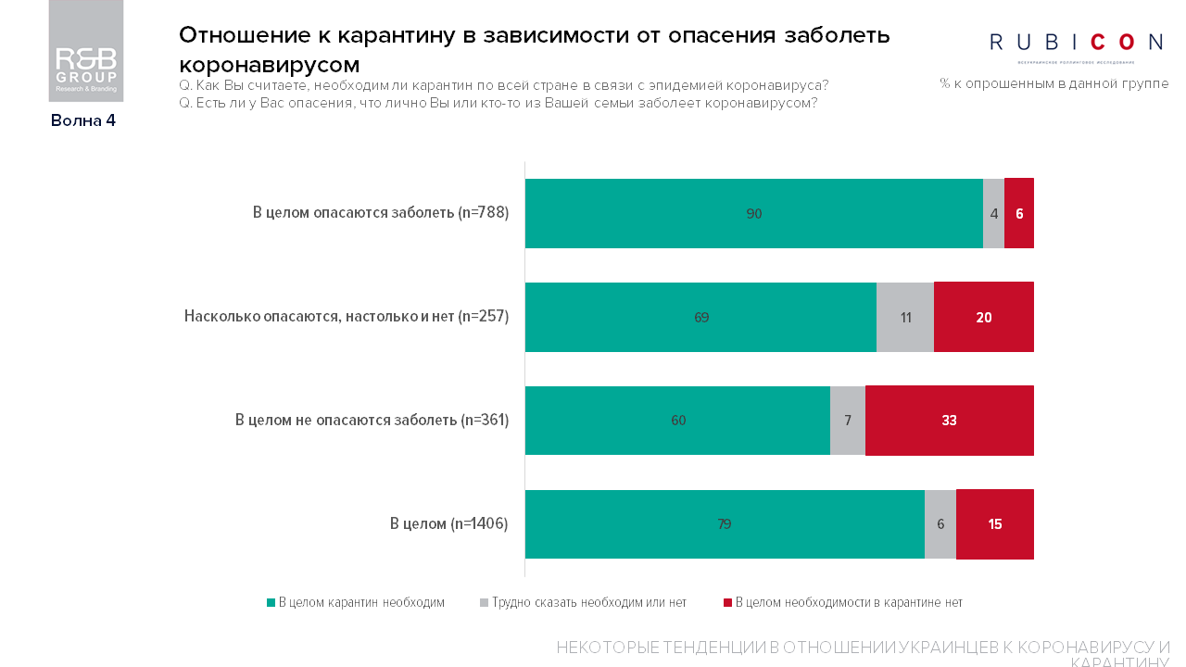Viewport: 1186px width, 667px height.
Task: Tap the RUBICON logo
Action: pyautogui.click(x=1076, y=43)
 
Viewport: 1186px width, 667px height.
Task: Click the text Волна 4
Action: pyautogui.click(x=83, y=120)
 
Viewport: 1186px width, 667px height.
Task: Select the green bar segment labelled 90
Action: pyautogui.click(x=753, y=213)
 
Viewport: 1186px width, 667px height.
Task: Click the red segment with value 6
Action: pyautogui.click(x=1019, y=213)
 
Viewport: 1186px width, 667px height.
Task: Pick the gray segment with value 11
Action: pyautogui.click(x=905, y=317)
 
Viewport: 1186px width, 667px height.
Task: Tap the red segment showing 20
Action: pyautogui.click(x=984, y=317)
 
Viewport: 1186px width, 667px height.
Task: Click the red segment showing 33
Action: pyautogui.click(x=949, y=421)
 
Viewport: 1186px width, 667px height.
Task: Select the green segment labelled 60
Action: pyautogui.click(x=677, y=421)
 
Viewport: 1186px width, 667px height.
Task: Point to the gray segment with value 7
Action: pyautogui.click(x=848, y=421)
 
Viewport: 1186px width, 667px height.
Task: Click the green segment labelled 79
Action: pyautogui.click(x=725, y=524)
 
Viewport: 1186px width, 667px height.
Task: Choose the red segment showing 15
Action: pyautogui.click(x=995, y=524)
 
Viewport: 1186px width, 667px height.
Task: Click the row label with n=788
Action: pyautogui.click(x=381, y=213)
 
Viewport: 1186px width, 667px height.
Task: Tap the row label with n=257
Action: pyautogui.click(x=347, y=317)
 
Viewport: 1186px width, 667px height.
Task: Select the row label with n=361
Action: pyautogui.click(x=372, y=421)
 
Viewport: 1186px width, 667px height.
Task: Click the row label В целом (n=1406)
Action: pyautogui.click(x=449, y=524)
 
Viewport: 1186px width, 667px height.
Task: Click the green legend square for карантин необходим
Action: pyautogui.click(x=271, y=603)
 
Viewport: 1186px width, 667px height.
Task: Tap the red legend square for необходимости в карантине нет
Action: pyautogui.click(x=727, y=603)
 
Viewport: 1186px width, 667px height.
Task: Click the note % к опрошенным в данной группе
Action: pyautogui.click(x=1054, y=83)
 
